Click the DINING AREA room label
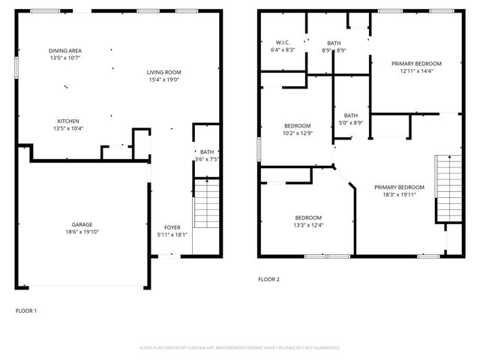64,50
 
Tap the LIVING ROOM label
163,72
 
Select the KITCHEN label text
68,121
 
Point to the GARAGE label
82,224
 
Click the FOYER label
172,227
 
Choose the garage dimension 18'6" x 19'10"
82,232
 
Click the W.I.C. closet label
282,43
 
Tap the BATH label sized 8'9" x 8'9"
334,43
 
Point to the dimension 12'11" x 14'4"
416,71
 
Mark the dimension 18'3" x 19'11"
400,194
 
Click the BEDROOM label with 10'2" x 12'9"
297,125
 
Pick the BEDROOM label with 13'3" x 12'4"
307,217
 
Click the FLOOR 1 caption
26,310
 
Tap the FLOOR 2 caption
268,280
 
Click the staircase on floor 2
448,187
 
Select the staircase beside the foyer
205,203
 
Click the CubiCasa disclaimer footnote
240,348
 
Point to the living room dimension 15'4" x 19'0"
163,79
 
